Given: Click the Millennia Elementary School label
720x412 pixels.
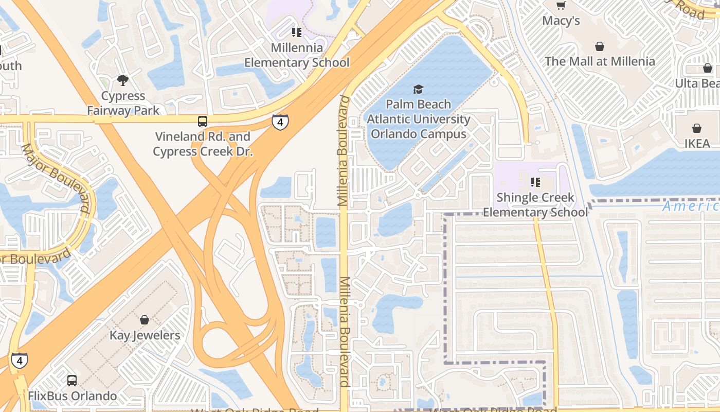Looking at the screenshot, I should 297,55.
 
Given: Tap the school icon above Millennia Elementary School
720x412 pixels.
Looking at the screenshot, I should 297,32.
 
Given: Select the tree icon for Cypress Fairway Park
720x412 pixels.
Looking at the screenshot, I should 122,80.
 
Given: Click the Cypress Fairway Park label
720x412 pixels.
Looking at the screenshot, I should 123,103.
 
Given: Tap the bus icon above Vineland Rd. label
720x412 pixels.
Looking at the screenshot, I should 203,122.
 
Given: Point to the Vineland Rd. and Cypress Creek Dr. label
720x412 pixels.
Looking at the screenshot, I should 203,144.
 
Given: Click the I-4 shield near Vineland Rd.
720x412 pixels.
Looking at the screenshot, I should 280,123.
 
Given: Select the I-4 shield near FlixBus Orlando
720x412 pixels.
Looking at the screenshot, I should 20,360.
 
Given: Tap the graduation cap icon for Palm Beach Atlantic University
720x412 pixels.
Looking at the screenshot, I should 418,90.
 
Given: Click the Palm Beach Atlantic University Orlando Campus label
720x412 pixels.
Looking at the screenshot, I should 418,119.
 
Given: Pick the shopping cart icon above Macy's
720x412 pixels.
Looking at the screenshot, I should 561,6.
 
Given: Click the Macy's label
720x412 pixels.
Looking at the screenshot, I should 561,21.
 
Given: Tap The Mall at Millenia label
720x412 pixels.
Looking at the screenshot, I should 600,61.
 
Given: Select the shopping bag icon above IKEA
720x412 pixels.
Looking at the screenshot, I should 697,128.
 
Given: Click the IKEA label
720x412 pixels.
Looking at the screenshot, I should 697,144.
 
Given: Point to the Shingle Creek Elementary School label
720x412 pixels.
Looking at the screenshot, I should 535,205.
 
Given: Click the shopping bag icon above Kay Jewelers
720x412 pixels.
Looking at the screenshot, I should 145,320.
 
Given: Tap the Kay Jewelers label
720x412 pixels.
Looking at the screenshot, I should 145,336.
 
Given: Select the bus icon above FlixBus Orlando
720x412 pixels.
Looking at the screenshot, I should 72,381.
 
